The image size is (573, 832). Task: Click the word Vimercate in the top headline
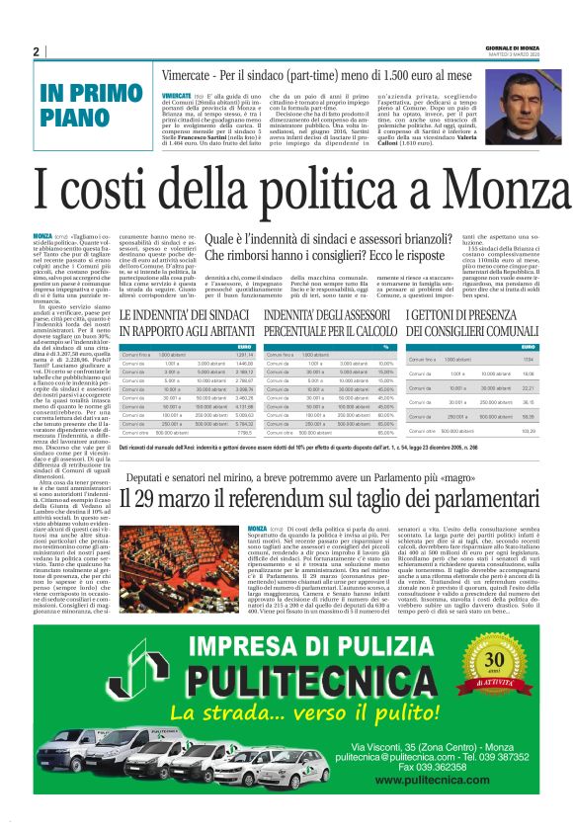197,73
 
